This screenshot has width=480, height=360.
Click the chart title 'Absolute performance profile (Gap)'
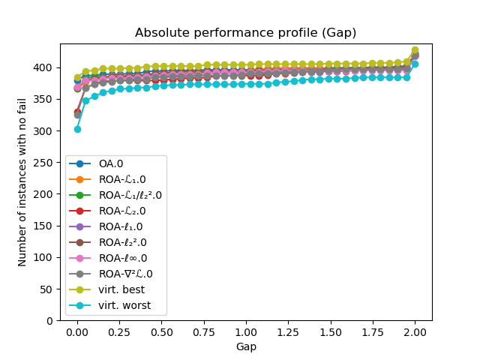coord(245,33)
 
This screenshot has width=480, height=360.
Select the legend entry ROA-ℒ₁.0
coord(124,179)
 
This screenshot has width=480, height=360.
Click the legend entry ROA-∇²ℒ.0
coord(126,274)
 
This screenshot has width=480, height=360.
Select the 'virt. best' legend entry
coord(121,289)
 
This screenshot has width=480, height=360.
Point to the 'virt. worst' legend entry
coord(124,305)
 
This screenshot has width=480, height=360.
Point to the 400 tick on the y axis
coord(46,67)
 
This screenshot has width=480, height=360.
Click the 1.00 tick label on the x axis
coord(246,332)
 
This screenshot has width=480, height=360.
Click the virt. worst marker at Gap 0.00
coord(77,129)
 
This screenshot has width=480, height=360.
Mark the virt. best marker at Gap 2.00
coord(415,50)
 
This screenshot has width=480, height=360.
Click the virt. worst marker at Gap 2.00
coord(415,64)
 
